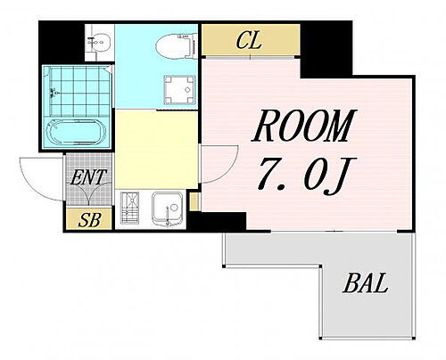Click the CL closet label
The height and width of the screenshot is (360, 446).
tap(249, 41)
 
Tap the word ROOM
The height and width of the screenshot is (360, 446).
tap(304, 126)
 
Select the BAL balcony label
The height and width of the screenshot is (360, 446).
tap(366, 282)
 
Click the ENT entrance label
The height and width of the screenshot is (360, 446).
tap(88, 177)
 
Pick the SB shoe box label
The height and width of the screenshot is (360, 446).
tap(90, 220)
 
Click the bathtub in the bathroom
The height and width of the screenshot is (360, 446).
tap(76, 133)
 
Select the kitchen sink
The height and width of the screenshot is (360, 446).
tap(168, 209)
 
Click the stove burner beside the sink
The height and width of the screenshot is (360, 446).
tap(129, 208)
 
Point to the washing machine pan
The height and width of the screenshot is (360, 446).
tap(179, 90)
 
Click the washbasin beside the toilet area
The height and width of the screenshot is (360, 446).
tap(99, 42)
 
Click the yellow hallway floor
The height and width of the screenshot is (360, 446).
tap(156, 149)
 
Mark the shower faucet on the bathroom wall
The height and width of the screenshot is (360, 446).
tap(54, 93)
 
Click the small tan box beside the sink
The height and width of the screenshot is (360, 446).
tap(194, 202)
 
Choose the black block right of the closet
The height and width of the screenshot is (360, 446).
tap(326, 49)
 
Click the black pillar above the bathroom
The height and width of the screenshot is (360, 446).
tap(62, 42)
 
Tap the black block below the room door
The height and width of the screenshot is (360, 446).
tap(217, 221)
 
